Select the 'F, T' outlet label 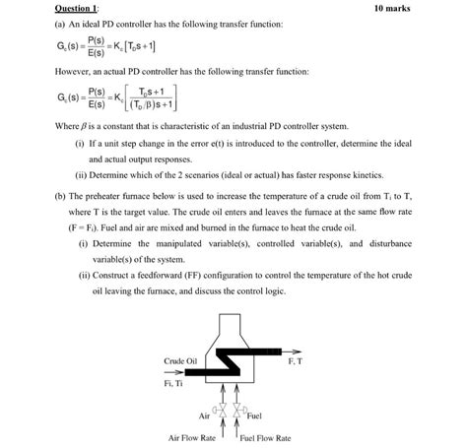tap(296, 361)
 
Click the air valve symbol tap(224, 407)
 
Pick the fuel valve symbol tap(242, 407)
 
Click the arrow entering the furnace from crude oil tap(192, 372)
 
